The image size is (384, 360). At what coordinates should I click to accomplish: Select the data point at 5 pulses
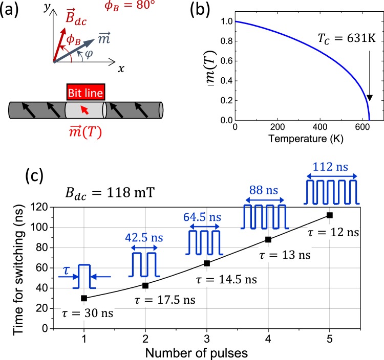(x=329, y=215)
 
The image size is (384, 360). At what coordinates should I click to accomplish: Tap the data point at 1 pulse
(x=84, y=298)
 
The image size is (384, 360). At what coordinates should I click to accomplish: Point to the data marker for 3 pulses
(x=207, y=263)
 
